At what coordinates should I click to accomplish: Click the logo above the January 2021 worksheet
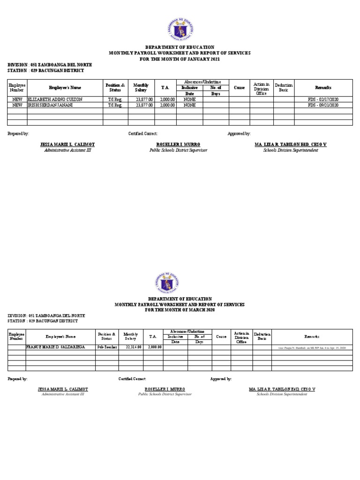pyautogui.click(x=180, y=29)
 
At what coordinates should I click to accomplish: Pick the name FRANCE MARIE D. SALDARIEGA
pyautogui.click(x=55, y=347)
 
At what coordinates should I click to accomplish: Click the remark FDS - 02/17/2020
pyautogui.click(x=323, y=99)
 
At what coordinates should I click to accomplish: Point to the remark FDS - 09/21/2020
pyautogui.click(x=323, y=105)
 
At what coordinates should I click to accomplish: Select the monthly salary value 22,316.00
pyautogui.click(x=133, y=347)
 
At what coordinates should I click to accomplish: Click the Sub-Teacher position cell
pyautogui.click(x=107, y=347)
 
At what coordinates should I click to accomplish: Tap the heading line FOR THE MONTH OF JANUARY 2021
pyautogui.click(x=180, y=59)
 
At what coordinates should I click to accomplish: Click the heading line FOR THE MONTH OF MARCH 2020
pyautogui.click(x=180, y=310)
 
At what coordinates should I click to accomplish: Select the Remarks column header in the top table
pyautogui.click(x=323, y=88)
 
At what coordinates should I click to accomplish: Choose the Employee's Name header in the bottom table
pyautogui.click(x=60, y=337)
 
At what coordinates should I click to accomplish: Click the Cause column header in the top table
pyautogui.click(x=239, y=88)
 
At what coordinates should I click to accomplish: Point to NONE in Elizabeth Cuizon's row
pyautogui.click(x=190, y=99)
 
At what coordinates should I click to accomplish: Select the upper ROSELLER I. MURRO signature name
pyautogui.click(x=178, y=144)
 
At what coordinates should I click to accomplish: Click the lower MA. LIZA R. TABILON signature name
pyautogui.click(x=282, y=390)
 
